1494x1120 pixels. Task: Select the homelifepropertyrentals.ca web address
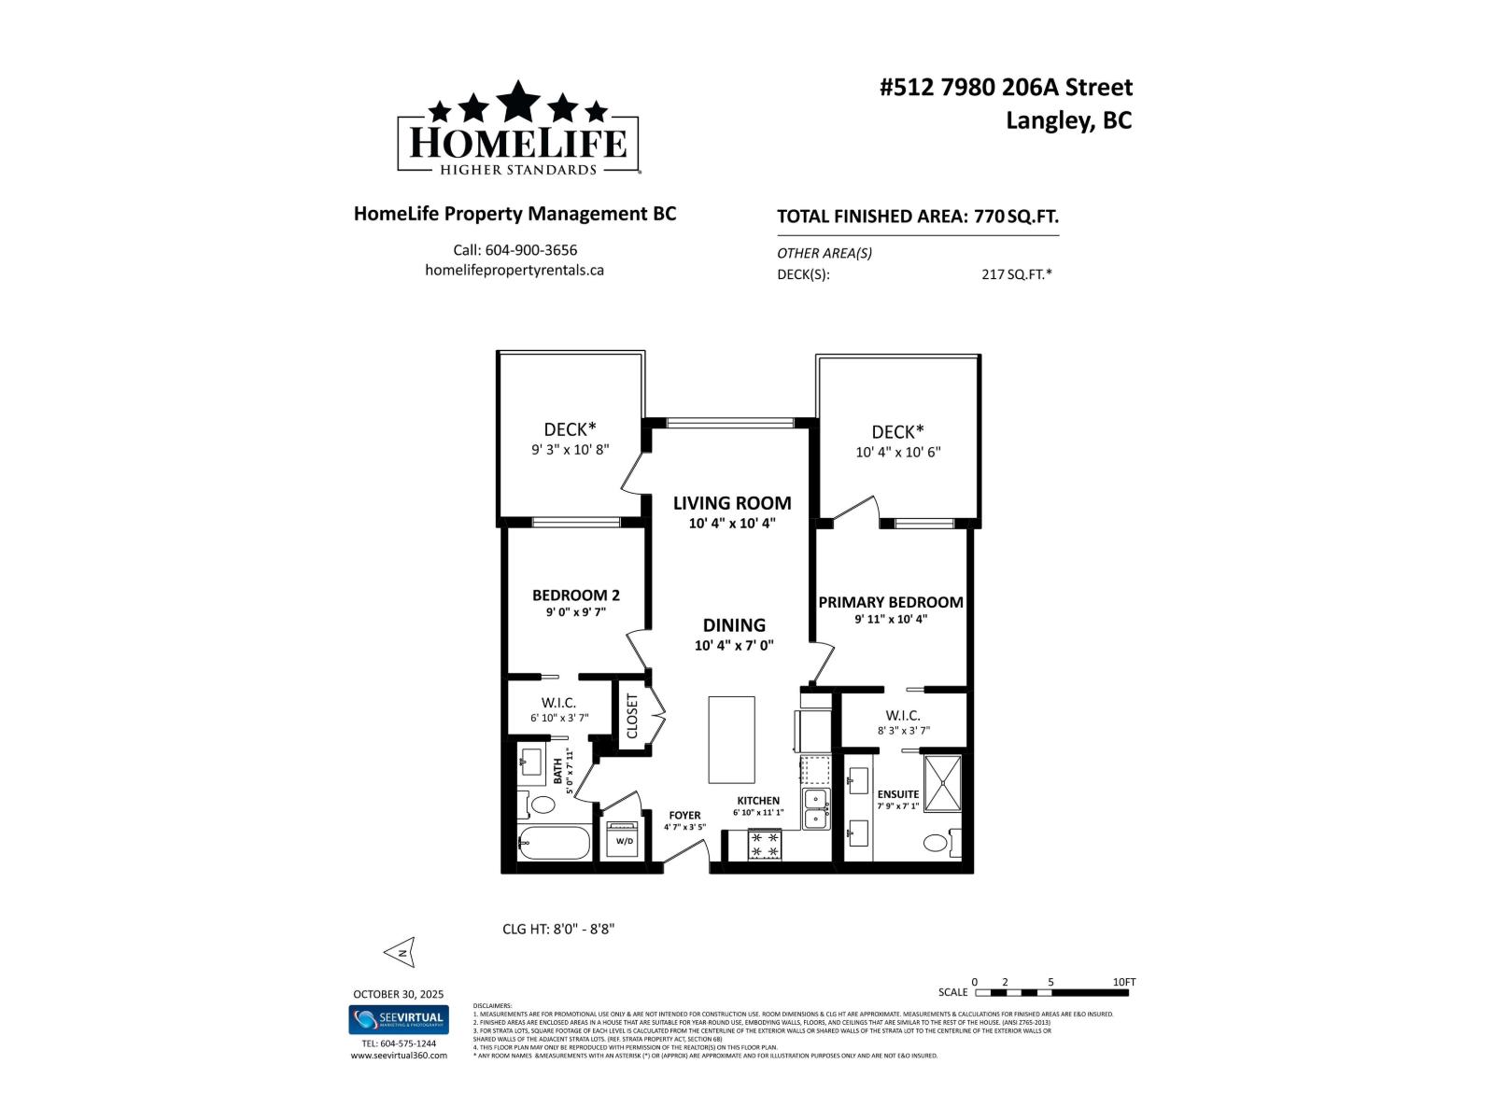pos(514,270)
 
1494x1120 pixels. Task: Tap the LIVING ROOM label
pos(732,503)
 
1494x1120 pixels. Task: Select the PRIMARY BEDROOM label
pos(891,602)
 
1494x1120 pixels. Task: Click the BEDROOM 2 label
pos(576,595)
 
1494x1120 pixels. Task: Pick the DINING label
pos(734,625)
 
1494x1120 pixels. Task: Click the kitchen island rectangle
pos(731,739)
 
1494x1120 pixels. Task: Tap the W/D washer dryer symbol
pos(623,839)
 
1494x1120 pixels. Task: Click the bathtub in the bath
pos(554,844)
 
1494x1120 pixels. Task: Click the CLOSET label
pos(632,716)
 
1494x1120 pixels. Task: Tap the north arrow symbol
pos(400,952)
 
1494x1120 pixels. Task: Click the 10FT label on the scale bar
pos(1124,982)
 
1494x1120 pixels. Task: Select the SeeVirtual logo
pos(399,1019)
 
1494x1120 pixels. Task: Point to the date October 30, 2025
pos(399,994)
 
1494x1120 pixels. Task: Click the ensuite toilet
pos(937,843)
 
